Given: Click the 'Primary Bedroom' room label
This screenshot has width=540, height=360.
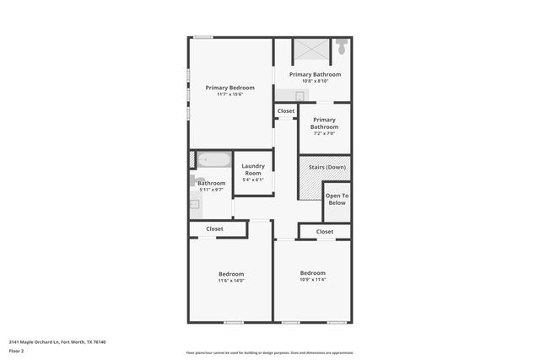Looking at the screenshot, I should click(x=230, y=88).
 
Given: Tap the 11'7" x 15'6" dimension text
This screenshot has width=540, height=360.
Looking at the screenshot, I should click(x=230, y=94).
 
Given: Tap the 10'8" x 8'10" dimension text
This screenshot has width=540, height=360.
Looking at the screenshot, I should click(x=315, y=81).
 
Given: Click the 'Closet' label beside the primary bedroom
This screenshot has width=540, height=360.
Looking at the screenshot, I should click(x=286, y=110).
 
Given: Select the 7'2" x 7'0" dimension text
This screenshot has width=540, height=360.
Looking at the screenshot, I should click(x=325, y=133).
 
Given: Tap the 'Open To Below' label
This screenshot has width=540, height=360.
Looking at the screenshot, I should click(x=337, y=199).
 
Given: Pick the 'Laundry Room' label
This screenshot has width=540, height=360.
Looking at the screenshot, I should click(x=253, y=169).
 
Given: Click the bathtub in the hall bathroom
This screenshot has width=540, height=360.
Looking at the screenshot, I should click(x=213, y=159).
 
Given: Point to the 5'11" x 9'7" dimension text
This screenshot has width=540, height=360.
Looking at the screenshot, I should click(x=211, y=190).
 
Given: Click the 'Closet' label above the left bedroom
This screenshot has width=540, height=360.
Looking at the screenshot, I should click(x=215, y=228).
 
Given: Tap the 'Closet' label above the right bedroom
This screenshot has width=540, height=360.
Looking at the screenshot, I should click(x=325, y=231).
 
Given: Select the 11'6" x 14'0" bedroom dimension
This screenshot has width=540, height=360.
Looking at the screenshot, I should click(x=231, y=281).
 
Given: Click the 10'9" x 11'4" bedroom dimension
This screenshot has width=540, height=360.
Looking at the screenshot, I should click(x=313, y=279).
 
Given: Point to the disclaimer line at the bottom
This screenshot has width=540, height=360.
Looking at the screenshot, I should click(x=270, y=352).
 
